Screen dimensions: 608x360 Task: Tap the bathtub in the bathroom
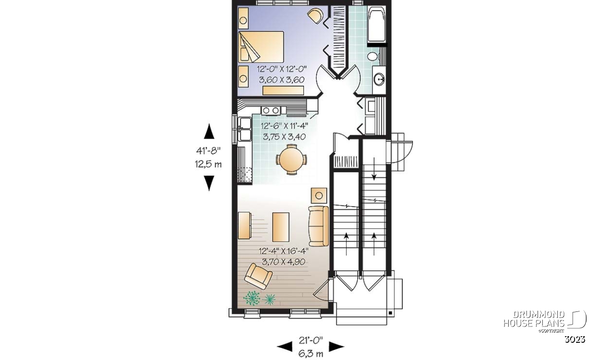coord(376,24)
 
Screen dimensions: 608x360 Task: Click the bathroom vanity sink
coord(379,79)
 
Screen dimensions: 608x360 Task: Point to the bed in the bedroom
coord(261,47)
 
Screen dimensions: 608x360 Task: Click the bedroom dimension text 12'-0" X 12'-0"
coord(282,69)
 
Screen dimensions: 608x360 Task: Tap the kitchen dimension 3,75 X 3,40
coord(284,137)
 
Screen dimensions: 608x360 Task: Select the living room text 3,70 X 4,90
coord(283,262)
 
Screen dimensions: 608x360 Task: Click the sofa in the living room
coord(319,226)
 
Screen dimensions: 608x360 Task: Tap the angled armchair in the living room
coord(258,276)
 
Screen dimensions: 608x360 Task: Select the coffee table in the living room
coord(281,227)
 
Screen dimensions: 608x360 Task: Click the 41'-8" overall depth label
coord(208,150)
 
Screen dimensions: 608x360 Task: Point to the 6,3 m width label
coord(311,353)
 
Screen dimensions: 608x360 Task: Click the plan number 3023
coord(575,339)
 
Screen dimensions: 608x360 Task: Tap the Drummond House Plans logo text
coord(534,319)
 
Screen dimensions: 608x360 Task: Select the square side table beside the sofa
coord(319,195)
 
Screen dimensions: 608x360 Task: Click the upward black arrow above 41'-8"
coord(209,131)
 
